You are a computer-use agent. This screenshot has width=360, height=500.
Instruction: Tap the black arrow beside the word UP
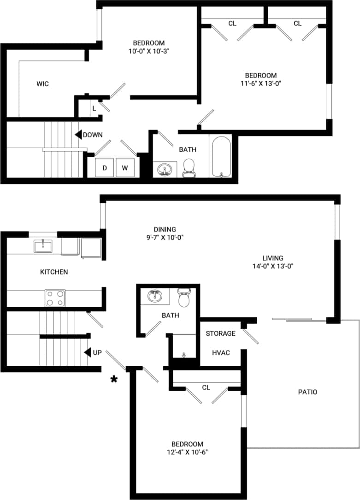coord(87,352)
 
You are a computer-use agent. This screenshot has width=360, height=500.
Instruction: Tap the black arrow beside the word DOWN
coord(78,135)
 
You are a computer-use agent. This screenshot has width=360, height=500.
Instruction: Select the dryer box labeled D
coord(105,168)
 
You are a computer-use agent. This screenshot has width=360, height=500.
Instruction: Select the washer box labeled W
coord(124,168)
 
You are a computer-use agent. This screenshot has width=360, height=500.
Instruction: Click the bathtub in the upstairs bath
coord(221,156)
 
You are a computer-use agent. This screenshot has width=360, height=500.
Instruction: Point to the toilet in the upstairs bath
coord(189,168)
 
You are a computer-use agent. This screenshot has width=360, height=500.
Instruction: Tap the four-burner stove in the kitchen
coord(55,298)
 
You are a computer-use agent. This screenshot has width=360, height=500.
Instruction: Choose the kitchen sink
coord(42,246)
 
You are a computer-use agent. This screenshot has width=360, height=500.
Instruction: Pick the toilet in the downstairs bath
coord(184,298)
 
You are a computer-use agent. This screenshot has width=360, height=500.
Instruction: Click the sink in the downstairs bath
coord(155,296)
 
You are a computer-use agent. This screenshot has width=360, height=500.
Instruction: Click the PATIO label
coord(307,392)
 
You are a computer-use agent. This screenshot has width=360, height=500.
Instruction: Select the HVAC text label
coord(221,352)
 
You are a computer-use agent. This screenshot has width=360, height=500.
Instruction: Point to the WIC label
coord(42,84)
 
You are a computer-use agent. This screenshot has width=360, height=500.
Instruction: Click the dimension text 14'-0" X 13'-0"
coord(272,266)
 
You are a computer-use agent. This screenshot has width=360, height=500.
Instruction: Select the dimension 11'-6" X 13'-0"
coord(260,83)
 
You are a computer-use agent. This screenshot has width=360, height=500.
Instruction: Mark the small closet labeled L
coord(94,108)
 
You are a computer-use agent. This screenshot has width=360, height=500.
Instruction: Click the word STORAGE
coord(220,333)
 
